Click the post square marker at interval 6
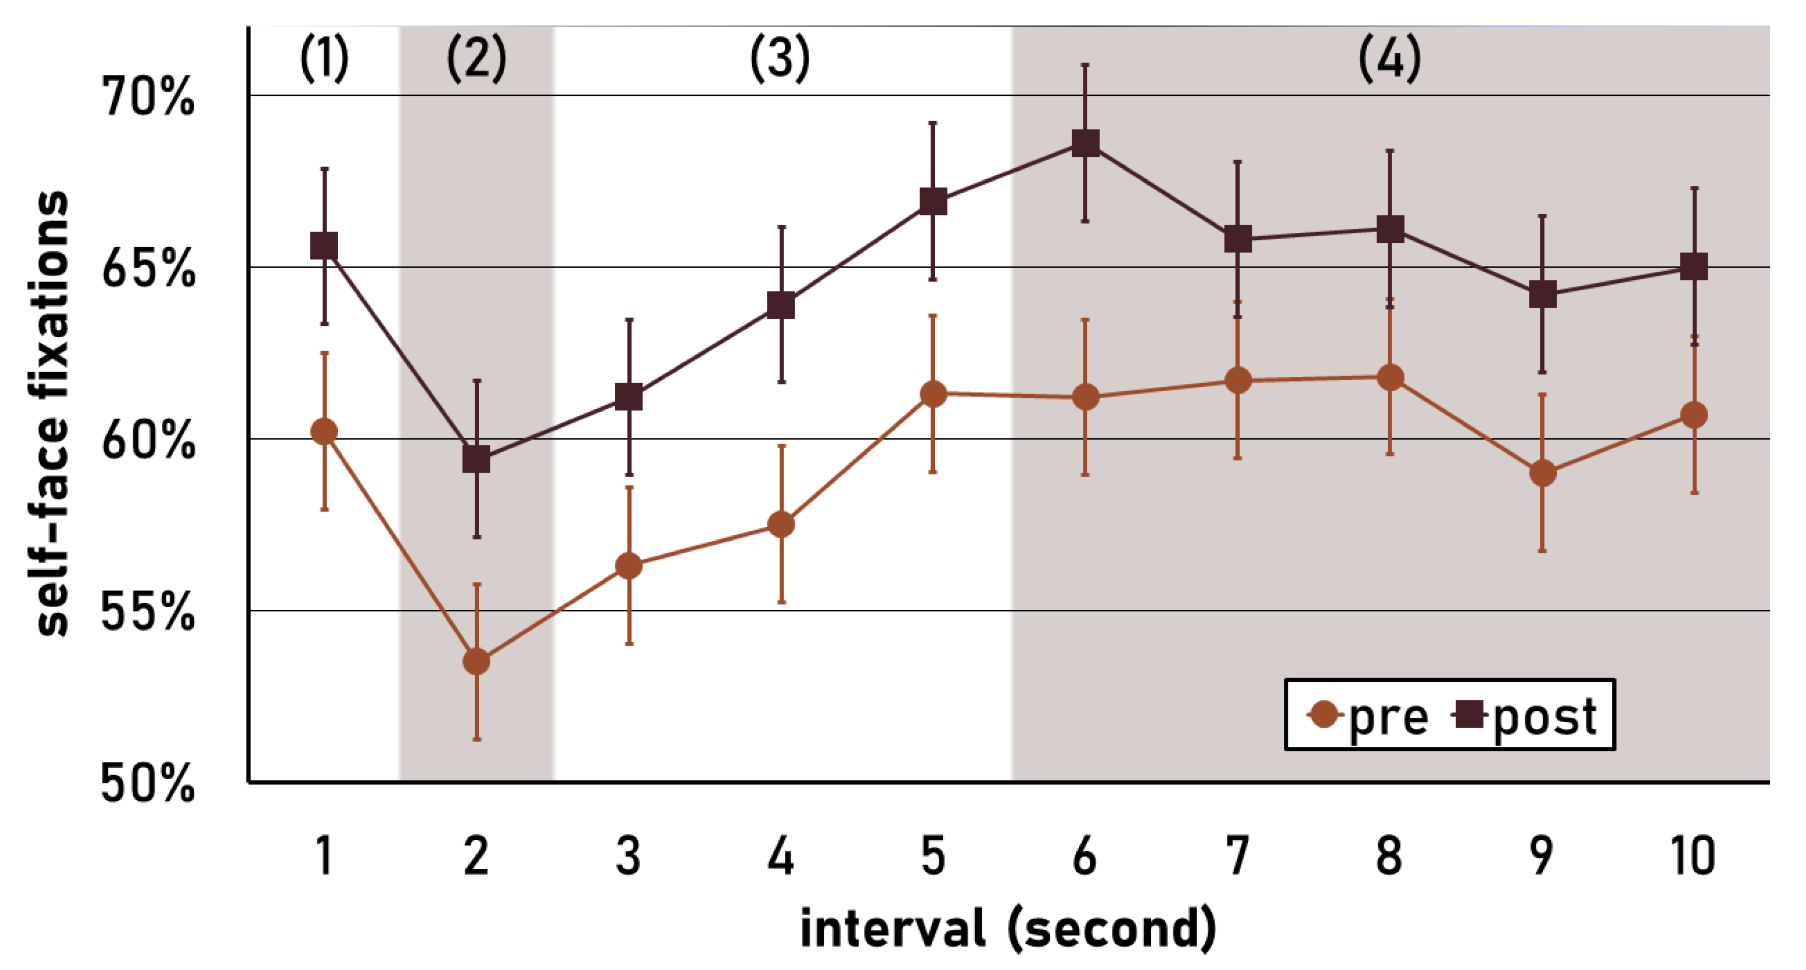point(1085,143)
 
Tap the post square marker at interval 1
point(324,246)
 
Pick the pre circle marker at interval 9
point(1542,473)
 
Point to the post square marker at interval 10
point(1694,266)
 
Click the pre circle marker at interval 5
point(933,394)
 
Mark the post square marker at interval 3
point(629,397)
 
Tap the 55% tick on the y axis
point(147,612)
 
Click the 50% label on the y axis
point(147,783)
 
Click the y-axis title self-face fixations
point(52,414)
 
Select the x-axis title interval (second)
point(1008,928)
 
